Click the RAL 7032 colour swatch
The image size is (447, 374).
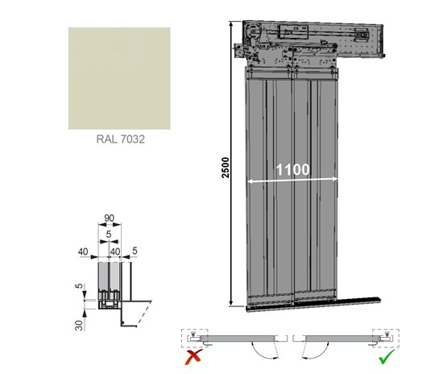[x=119, y=78]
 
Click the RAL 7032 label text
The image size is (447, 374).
[x=121, y=139]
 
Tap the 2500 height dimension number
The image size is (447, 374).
[x=226, y=168]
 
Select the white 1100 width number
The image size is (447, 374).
[x=292, y=169]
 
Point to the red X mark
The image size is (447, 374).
[x=193, y=356]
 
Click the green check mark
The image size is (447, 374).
[x=387, y=356]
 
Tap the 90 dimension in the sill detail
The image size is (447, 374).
[x=109, y=218]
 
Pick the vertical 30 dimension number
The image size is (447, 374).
[x=80, y=325]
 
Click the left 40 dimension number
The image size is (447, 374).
[x=83, y=251]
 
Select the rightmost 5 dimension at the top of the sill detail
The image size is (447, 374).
[x=135, y=251]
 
